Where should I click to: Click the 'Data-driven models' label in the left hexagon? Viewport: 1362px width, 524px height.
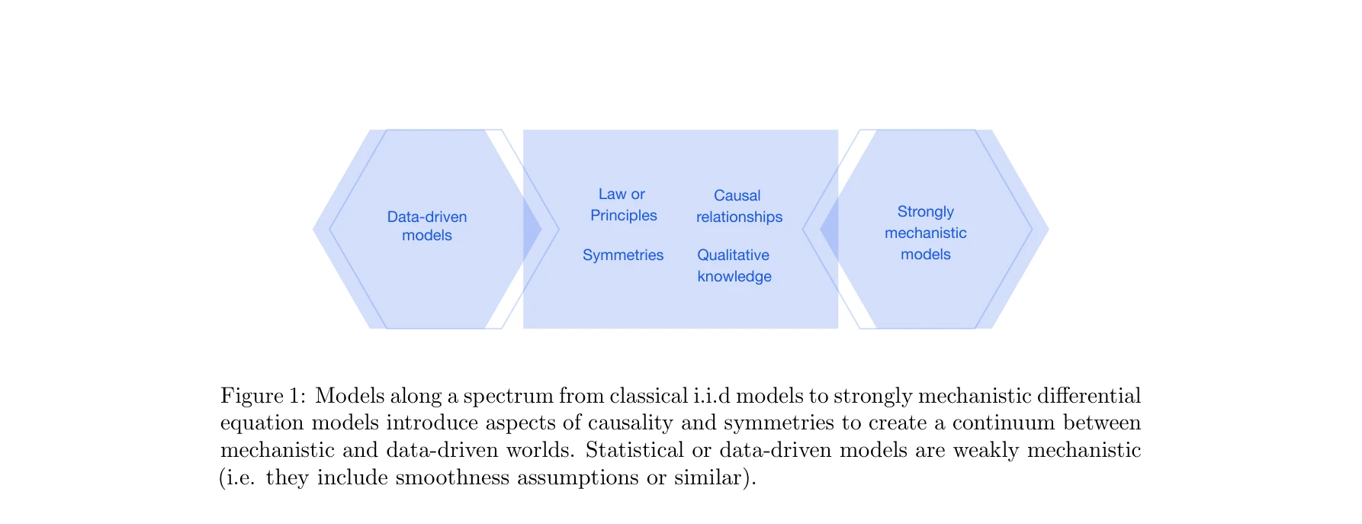[427, 226]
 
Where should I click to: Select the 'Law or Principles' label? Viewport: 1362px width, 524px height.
[623, 204]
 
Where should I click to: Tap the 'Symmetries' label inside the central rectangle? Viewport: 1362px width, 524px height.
[623, 255]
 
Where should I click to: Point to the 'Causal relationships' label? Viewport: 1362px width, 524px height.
[739, 206]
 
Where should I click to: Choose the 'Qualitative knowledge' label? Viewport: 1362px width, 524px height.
[734, 265]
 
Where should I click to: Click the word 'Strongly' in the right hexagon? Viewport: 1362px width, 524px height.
[925, 211]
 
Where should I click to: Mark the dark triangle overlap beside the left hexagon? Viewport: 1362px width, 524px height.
[531, 229]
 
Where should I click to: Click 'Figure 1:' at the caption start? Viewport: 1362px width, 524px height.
[263, 396]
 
